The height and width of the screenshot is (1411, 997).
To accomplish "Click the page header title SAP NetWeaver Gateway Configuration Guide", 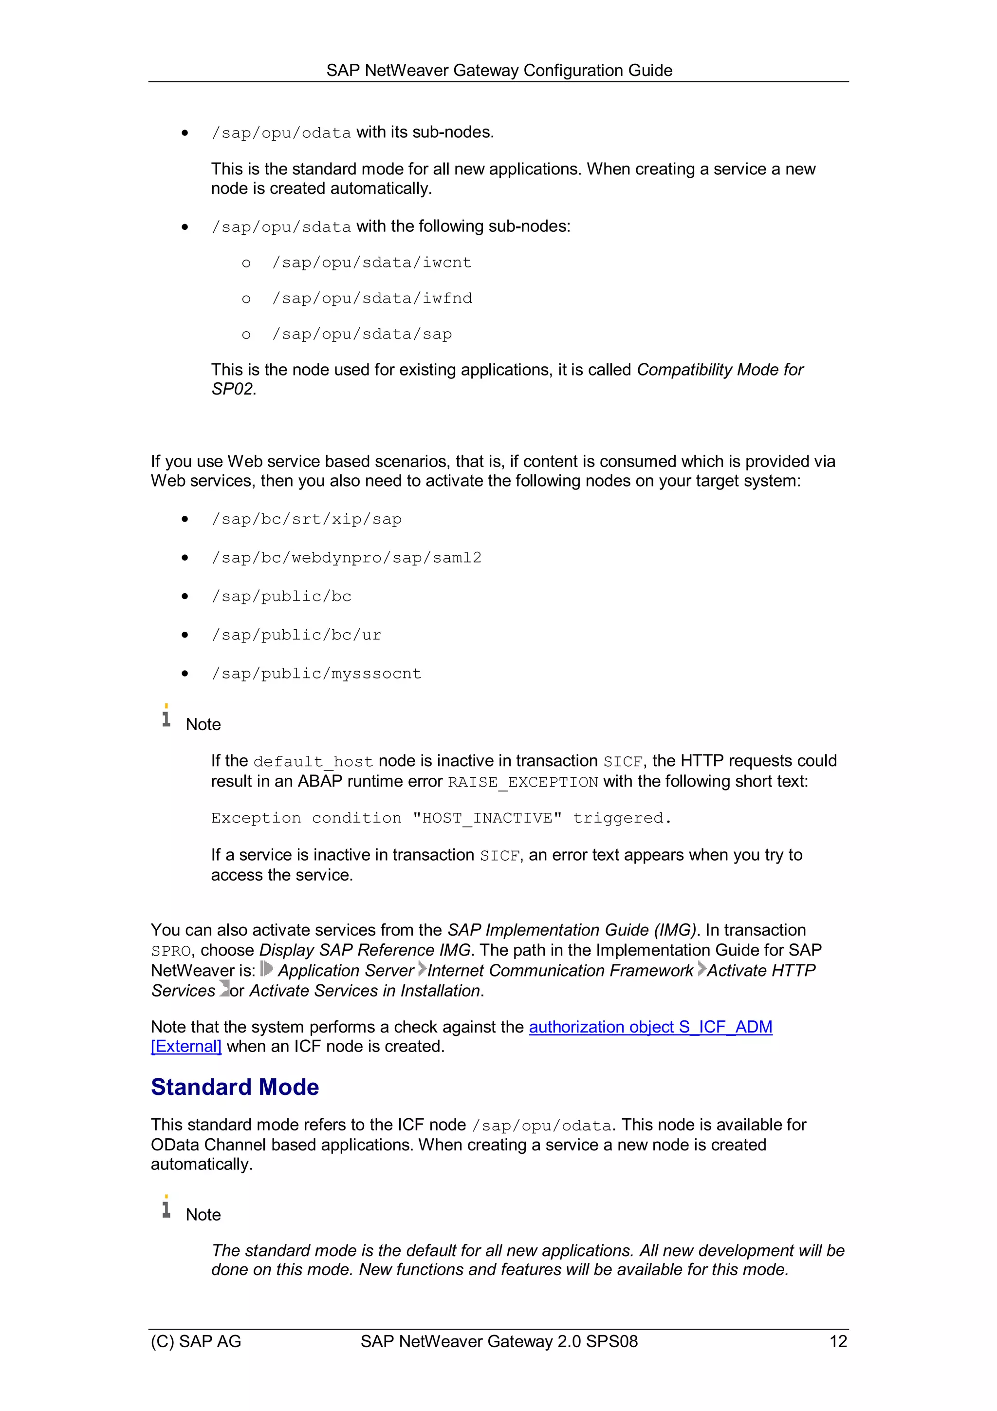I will [499, 71].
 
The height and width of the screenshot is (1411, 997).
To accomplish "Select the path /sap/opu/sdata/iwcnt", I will [371, 263].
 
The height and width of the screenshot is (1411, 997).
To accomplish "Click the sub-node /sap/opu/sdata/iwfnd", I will [371, 299].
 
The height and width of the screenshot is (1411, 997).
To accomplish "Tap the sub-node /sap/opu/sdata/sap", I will [362, 334].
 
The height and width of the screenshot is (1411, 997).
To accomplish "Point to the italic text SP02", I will [232, 390].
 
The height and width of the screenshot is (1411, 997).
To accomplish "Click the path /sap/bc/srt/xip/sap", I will [307, 519].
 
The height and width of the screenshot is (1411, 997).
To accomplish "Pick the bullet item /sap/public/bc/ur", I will [296, 636].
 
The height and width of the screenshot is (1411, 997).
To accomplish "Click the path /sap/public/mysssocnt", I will [316, 674].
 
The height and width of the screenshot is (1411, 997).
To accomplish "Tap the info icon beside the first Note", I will [166, 716].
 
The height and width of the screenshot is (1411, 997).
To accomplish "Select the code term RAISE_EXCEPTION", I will [523, 782].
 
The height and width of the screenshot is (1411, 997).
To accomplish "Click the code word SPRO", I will [171, 951].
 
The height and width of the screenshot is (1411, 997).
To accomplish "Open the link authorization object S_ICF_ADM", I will [650, 1028].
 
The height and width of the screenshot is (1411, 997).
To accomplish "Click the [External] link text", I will [186, 1047].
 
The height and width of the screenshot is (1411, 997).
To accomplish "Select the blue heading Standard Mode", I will [235, 1087].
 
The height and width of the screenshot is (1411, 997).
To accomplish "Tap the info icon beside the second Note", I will [166, 1207].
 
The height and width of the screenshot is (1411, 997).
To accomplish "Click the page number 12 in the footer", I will [838, 1341].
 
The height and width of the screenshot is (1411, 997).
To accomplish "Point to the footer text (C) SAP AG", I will [196, 1341].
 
